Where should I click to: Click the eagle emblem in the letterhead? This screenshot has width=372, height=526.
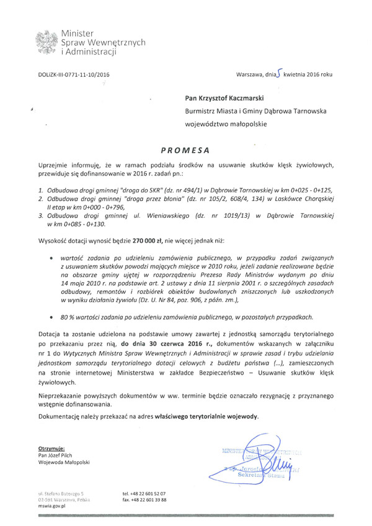pyautogui.click(x=47, y=42)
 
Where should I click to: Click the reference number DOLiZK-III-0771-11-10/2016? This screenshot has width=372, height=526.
pyautogui.click(x=74, y=74)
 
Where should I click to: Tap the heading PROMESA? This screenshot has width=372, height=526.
pyautogui.click(x=185, y=149)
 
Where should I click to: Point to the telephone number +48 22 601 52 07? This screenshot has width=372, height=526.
pyautogui.click(x=144, y=493)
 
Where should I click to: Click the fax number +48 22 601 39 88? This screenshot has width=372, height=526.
pyautogui.click(x=144, y=499)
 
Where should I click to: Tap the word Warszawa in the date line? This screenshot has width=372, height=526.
pyautogui.click(x=251, y=74)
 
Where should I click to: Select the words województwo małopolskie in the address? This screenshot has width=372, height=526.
pyautogui.click(x=226, y=124)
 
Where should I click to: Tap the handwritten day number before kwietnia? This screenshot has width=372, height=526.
pyautogui.click(x=280, y=73)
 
